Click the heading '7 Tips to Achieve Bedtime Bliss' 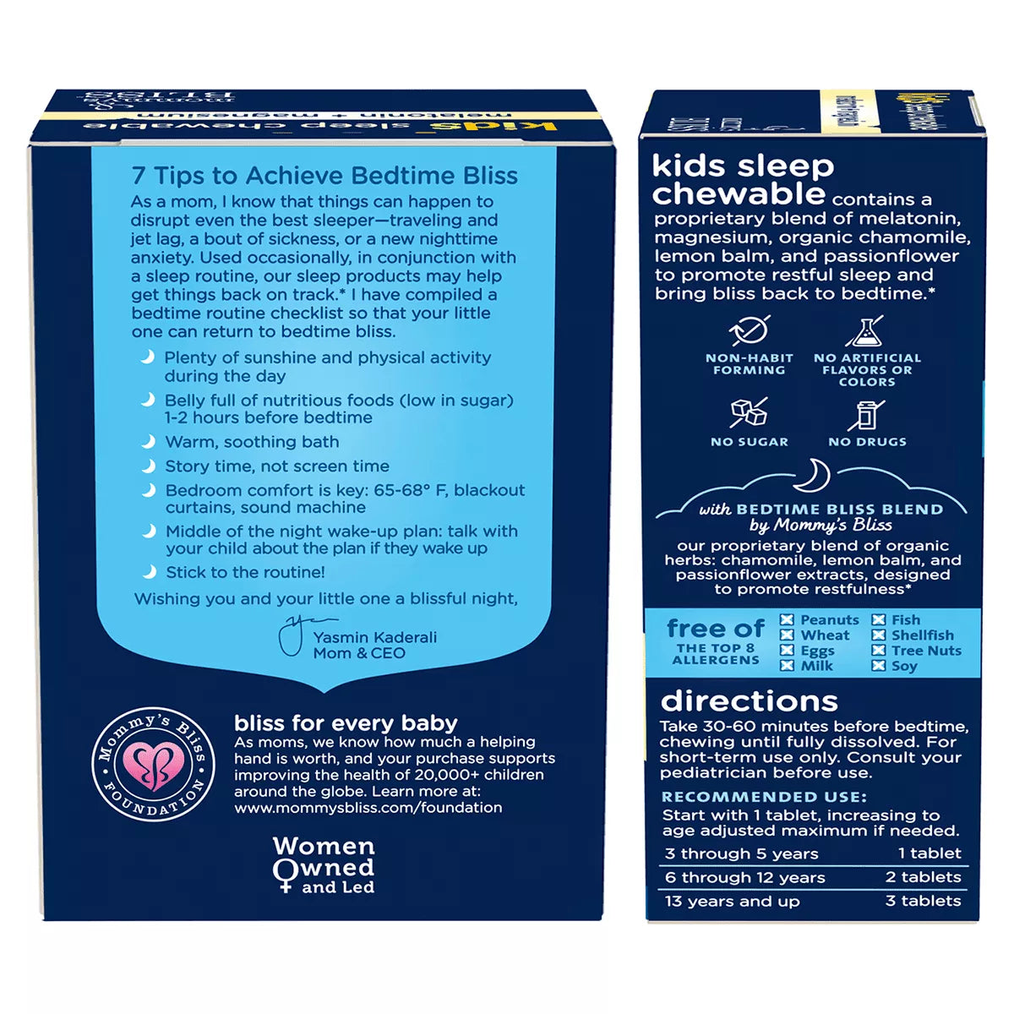tap(324, 176)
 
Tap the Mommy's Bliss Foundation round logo tap(153, 764)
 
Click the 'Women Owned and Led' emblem tap(324, 864)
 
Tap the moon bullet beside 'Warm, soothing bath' tap(149, 441)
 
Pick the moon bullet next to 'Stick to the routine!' tap(149, 572)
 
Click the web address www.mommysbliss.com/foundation tap(368, 807)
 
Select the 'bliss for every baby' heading tap(346, 723)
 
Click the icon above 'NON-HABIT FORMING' tap(749, 330)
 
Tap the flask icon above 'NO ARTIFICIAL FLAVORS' tap(866, 330)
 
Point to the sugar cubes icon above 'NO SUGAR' tap(749, 413)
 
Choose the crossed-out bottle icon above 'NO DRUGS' tap(866, 415)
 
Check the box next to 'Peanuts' tap(787, 620)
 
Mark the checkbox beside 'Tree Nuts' tap(879, 651)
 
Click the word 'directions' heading tap(750, 701)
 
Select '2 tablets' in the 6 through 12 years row tap(923, 877)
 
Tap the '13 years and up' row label tap(732, 901)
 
